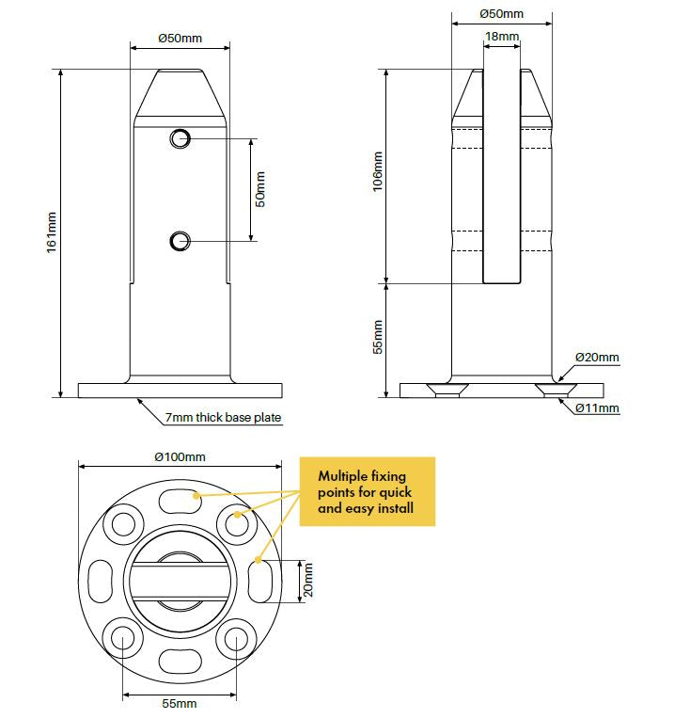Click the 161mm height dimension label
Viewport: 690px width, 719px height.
point(52,232)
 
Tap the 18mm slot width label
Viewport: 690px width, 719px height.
point(502,36)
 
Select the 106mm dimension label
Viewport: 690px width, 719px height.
point(377,171)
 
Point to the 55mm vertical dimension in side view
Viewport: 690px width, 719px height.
point(377,337)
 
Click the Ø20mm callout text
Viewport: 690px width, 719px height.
point(597,358)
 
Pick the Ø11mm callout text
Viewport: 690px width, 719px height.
point(597,408)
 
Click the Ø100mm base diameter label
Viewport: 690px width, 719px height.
point(180,457)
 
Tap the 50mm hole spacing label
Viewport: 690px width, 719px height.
point(260,189)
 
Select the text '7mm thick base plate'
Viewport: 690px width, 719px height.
point(223,418)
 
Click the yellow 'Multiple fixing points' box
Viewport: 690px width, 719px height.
point(367,491)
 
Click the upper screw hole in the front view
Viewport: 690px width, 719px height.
point(180,138)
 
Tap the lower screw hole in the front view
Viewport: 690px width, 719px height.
point(180,241)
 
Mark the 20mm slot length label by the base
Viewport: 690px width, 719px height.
point(308,580)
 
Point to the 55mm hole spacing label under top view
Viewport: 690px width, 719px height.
point(180,703)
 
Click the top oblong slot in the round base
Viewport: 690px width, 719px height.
point(180,501)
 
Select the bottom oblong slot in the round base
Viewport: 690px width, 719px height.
point(180,662)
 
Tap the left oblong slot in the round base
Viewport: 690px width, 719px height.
point(100,581)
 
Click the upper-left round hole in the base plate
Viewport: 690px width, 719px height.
point(123,524)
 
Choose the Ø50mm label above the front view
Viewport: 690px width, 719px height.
point(180,38)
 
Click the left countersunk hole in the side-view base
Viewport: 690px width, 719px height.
point(447,390)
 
